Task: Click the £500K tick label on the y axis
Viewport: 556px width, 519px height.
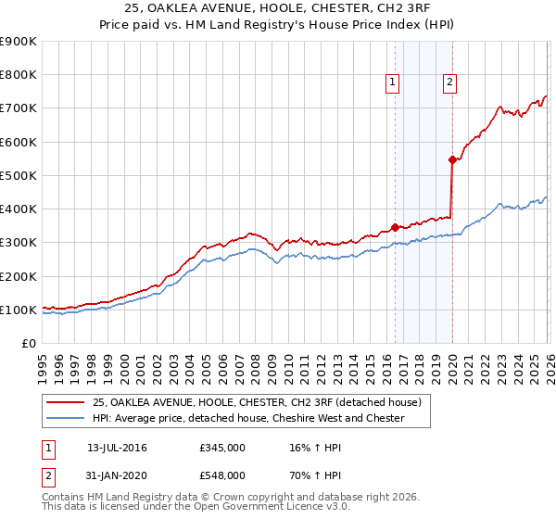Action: [x=19, y=176]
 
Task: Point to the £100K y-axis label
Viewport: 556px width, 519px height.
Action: [x=19, y=310]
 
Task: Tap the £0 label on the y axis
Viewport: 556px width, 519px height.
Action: [x=28, y=344]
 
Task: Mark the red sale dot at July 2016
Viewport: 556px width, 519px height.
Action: [x=395, y=227]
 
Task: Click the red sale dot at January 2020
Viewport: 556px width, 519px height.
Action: [x=452, y=159]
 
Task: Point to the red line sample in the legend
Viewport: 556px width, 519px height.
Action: [x=67, y=402]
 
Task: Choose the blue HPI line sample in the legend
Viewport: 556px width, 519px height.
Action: [x=67, y=418]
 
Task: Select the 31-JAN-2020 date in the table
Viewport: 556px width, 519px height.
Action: [x=118, y=475]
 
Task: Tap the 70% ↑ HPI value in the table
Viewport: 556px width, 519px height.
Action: [x=310, y=475]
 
